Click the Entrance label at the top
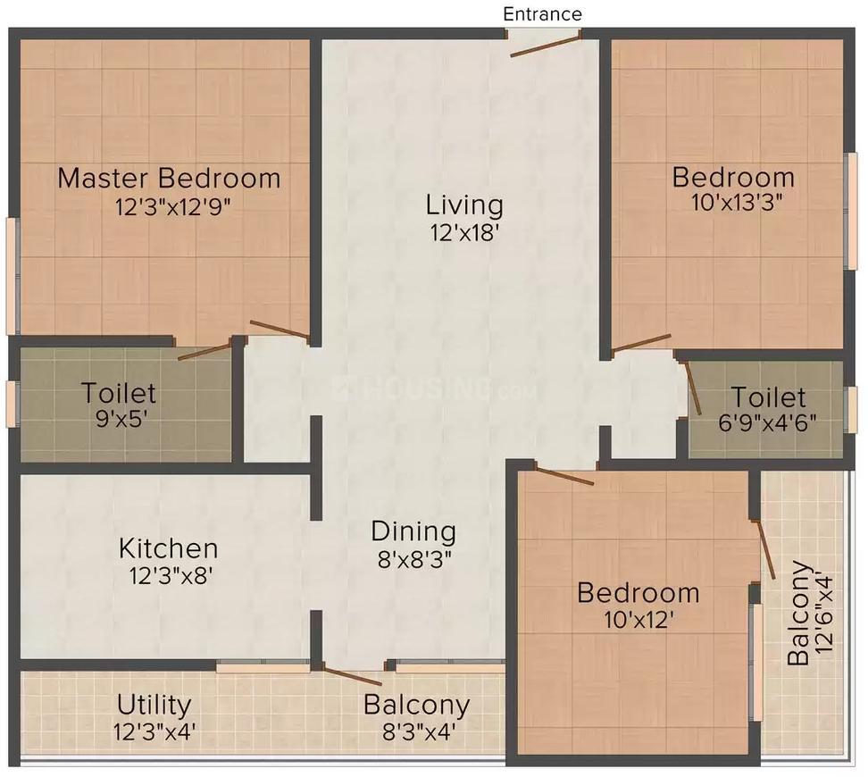pyautogui.click(x=542, y=14)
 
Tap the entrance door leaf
pyautogui.click(x=545, y=46)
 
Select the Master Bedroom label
pyautogui.click(x=169, y=178)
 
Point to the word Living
pyautogui.click(x=464, y=205)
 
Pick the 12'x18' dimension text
pyautogui.click(x=464, y=233)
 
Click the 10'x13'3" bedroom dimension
pyautogui.click(x=738, y=202)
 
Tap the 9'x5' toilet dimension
pyautogui.click(x=119, y=418)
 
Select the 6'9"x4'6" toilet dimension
pyautogui.click(x=768, y=422)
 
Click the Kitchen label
pyautogui.click(x=169, y=547)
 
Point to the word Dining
pyautogui.click(x=413, y=531)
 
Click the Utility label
pyautogui.click(x=154, y=706)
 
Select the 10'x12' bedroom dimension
pyautogui.click(x=638, y=620)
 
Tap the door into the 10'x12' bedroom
pyautogui.click(x=563, y=476)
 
